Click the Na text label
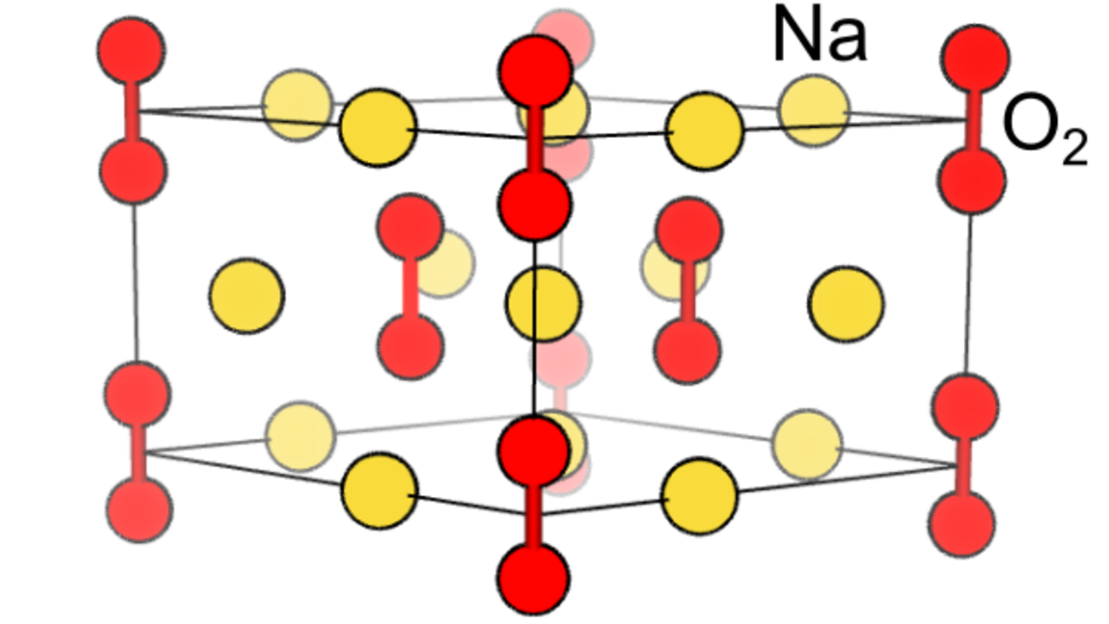click(819, 36)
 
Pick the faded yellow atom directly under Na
click(814, 109)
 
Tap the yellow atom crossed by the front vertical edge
click(543, 303)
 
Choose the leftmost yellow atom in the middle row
click(247, 296)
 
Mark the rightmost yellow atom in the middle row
click(845, 303)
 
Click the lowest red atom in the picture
click(533, 579)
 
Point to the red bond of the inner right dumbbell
click(688, 290)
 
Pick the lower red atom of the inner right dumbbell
click(687, 350)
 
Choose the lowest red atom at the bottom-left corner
click(140, 509)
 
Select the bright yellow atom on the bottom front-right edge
click(700, 496)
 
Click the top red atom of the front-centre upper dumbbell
click(535, 73)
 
